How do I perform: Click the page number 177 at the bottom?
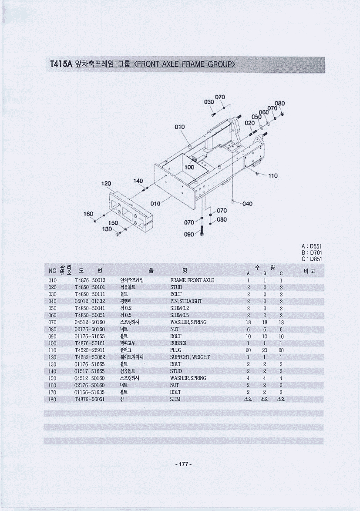tap(183, 464)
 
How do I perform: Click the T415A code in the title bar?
tap(61, 64)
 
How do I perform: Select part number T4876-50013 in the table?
tap(90, 280)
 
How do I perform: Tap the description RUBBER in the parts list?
tap(178, 343)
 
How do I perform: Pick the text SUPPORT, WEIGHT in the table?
tap(190, 357)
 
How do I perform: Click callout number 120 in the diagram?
tap(106, 184)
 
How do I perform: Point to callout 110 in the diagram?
tap(273, 176)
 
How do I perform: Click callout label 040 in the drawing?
tap(247, 204)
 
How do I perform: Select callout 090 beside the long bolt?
tap(189, 234)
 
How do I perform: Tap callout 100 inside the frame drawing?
tap(189, 168)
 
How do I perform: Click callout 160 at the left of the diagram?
tap(88, 214)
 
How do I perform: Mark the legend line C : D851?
tap(312, 259)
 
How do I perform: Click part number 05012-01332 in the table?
tap(90, 301)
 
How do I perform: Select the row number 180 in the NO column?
tap(52, 400)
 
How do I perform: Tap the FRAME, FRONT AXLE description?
tap(192, 280)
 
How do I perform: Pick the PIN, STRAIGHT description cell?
tap(186, 301)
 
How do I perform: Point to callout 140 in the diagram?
tap(138, 181)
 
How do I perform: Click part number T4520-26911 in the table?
tap(90, 350)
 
